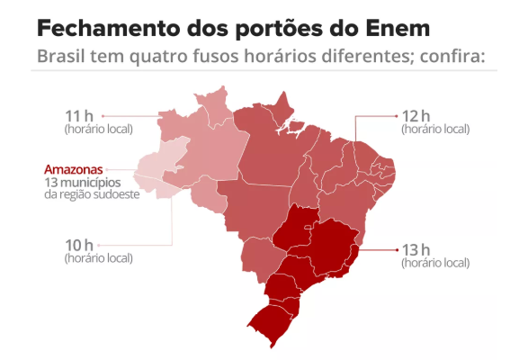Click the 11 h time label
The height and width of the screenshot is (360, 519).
tap(79, 115)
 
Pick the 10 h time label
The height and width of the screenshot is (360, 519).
tap(79, 245)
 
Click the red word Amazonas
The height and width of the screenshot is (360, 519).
tap(74, 168)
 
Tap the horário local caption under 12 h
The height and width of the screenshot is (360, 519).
tap(435, 129)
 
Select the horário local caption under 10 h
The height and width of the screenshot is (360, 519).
tap(98, 258)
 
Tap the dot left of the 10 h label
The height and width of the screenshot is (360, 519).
tap(103, 245)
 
